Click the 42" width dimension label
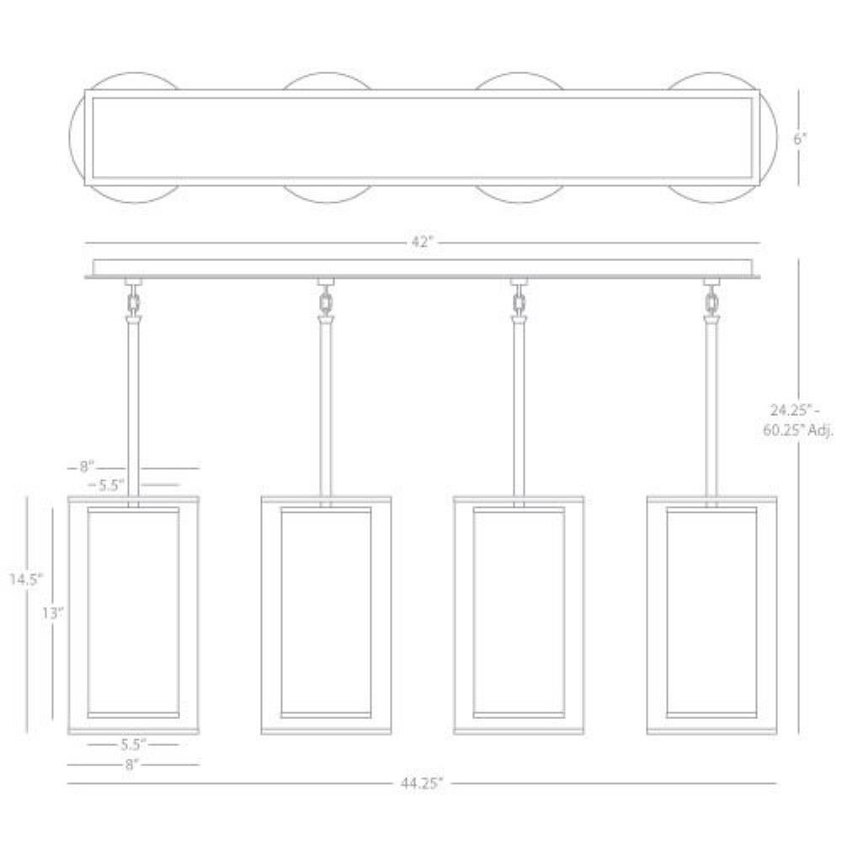[422, 242]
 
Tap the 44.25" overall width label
[422, 783]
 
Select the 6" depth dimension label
[800, 139]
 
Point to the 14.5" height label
[26, 579]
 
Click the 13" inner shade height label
[52, 612]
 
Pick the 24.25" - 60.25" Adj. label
[798, 420]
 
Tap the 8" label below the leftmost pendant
[131, 765]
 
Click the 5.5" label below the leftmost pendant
[133, 744]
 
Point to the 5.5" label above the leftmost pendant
[110, 485]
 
